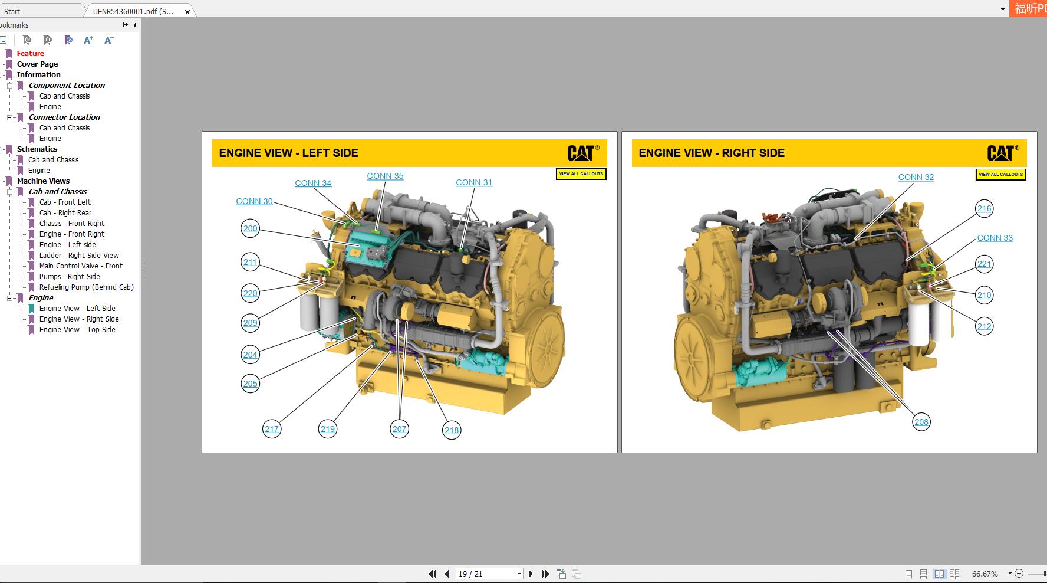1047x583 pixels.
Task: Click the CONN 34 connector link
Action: pyautogui.click(x=313, y=184)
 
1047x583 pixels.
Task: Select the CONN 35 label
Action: pyautogui.click(x=385, y=176)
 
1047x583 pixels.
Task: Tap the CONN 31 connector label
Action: pyautogui.click(x=474, y=183)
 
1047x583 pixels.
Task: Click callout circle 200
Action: pyautogui.click(x=251, y=229)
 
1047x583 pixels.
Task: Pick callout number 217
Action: pyautogui.click(x=272, y=430)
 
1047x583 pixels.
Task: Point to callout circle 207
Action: pyautogui.click(x=400, y=430)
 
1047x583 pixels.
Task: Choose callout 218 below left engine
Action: pyautogui.click(x=452, y=430)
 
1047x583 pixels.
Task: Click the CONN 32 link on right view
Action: pyautogui.click(x=916, y=178)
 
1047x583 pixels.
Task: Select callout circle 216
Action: pyautogui.click(x=984, y=208)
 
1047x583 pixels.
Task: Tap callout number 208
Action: pyautogui.click(x=921, y=422)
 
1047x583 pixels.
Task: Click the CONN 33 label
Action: pyautogui.click(x=995, y=238)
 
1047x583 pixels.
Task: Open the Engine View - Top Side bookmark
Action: pyautogui.click(x=77, y=330)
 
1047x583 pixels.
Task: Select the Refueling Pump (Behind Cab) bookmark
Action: pyautogui.click(x=86, y=287)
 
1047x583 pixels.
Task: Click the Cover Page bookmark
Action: pyautogui.click(x=37, y=64)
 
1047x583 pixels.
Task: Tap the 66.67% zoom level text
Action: pyautogui.click(x=985, y=574)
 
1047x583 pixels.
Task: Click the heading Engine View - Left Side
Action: pyautogui.click(x=288, y=153)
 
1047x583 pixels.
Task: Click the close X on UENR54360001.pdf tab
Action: pyautogui.click(x=187, y=11)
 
